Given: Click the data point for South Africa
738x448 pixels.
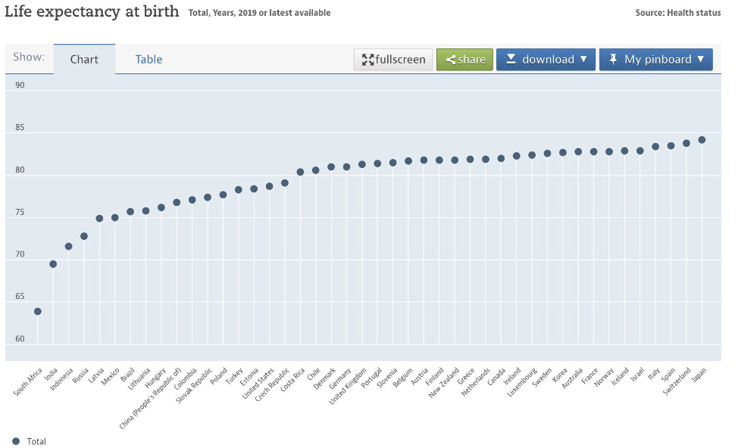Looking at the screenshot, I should pyautogui.click(x=37, y=311).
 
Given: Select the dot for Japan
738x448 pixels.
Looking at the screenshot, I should pyautogui.click(x=702, y=139).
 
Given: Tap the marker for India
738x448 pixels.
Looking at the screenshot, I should pyautogui.click(x=53, y=264).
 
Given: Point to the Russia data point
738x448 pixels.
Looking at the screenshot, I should pyautogui.click(x=84, y=236).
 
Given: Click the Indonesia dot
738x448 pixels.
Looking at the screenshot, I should pyautogui.click(x=68, y=246).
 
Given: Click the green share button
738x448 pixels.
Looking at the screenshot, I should pyautogui.click(x=464, y=60).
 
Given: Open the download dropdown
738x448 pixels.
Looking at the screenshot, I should pyautogui.click(x=546, y=60).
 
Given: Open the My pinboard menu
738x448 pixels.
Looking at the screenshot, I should pyautogui.click(x=655, y=60).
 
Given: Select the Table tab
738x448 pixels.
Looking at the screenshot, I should pyautogui.click(x=149, y=60).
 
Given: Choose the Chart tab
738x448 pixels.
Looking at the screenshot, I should pyautogui.click(x=84, y=60).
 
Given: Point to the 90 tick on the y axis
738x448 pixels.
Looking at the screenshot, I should pyautogui.click(x=20, y=86).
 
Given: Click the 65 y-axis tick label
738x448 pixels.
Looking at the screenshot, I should pyautogui.click(x=20, y=297).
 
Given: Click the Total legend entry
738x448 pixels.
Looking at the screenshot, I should pyautogui.click(x=30, y=441).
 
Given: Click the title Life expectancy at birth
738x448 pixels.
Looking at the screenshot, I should pyautogui.click(x=92, y=11).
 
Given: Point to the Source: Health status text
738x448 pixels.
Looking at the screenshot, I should pyautogui.click(x=678, y=13).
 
